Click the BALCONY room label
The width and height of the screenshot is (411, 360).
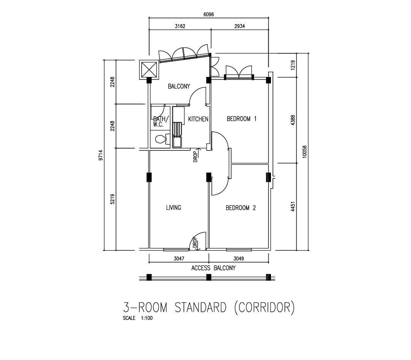click(x=179, y=86)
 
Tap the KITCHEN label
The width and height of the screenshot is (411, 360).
click(x=198, y=119)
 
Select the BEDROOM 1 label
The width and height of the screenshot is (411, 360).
click(x=241, y=119)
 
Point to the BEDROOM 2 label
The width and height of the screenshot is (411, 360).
click(x=241, y=208)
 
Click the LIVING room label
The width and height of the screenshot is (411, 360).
click(x=174, y=208)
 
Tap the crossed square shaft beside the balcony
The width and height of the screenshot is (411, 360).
click(x=149, y=70)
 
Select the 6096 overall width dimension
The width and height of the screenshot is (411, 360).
click(x=209, y=14)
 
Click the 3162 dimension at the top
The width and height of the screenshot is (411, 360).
click(x=180, y=26)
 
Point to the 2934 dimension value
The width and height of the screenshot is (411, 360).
click(x=240, y=26)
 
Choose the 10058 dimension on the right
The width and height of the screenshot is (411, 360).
click(x=304, y=152)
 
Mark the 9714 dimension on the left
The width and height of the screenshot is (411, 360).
click(x=101, y=155)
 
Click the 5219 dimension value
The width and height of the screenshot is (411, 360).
click(x=112, y=199)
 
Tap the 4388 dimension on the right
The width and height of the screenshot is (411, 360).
click(x=293, y=120)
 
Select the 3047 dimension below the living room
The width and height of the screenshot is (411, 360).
click(x=179, y=259)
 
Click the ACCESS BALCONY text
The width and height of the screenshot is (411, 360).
click(x=213, y=268)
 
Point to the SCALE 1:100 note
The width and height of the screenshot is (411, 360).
click(x=138, y=318)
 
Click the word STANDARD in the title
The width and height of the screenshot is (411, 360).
click(x=200, y=307)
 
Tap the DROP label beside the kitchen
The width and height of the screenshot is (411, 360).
click(x=195, y=157)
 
